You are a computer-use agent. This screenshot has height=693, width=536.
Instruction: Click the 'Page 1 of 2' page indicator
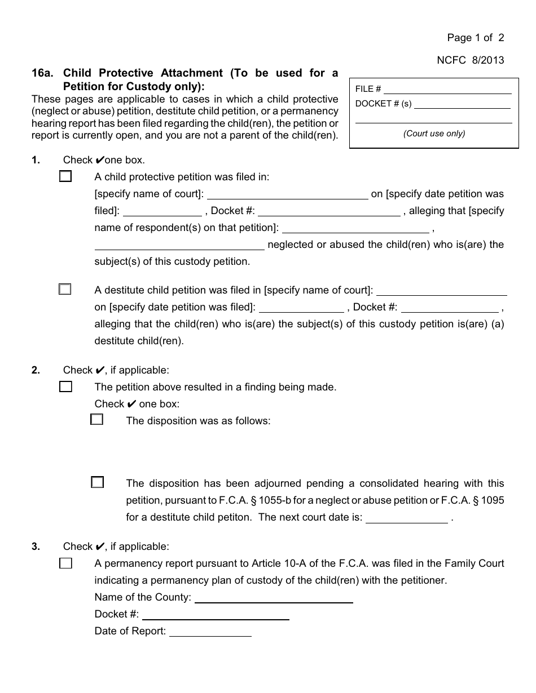[475, 38]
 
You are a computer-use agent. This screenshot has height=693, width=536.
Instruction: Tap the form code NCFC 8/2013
[478, 60]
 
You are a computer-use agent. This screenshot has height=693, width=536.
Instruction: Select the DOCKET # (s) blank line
[462, 105]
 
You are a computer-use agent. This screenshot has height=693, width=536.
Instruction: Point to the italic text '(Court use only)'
[434, 134]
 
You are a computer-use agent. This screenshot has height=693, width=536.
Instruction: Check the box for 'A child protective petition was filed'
[65, 176]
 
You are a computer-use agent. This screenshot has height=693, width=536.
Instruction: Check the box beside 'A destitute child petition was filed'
[65, 290]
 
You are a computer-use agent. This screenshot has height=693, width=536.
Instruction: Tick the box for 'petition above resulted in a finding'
[65, 387]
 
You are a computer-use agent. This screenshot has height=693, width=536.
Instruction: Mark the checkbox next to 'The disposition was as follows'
[97, 420]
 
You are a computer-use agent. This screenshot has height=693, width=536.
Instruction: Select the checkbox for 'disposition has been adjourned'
[97, 482]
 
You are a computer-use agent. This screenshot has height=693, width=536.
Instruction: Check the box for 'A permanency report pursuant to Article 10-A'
[65, 563]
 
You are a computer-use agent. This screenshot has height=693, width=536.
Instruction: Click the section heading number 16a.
[42, 73]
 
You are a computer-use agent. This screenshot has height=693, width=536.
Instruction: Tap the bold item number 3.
[36, 547]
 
